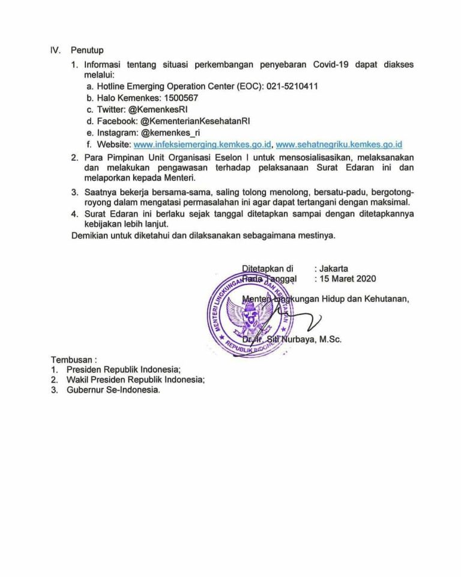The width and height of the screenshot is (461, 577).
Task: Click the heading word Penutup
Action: coord(87,51)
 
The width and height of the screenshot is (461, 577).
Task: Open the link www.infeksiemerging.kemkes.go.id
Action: coord(203,144)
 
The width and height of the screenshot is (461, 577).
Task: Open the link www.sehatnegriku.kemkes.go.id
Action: coord(339,144)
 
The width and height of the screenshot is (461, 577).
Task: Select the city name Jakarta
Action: coord(334,268)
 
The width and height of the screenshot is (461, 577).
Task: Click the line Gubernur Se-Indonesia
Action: coord(113,390)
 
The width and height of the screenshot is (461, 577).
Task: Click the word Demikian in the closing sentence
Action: coord(89,235)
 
